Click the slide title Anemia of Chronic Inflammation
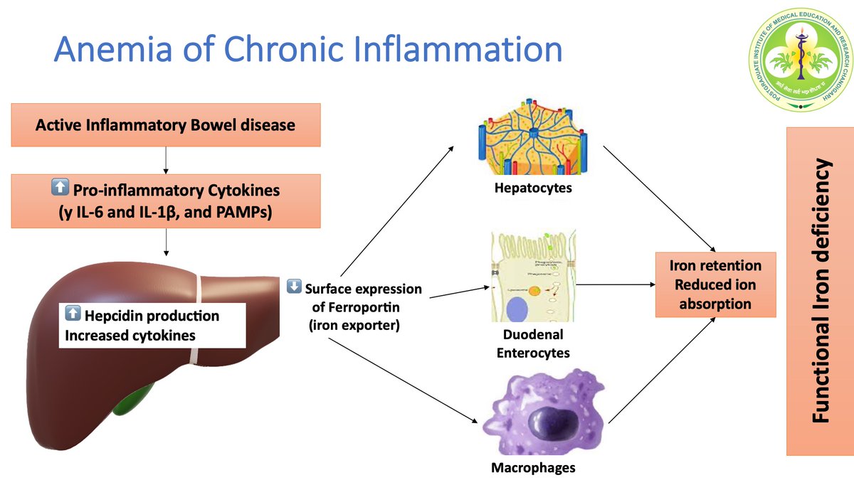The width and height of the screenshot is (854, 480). click(x=307, y=50)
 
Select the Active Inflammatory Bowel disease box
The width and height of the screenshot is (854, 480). click(x=165, y=126)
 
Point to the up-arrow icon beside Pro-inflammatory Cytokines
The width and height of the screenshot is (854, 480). click(x=60, y=188)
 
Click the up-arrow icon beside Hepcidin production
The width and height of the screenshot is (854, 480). click(x=72, y=314)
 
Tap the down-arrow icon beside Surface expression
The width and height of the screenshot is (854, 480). click(x=293, y=287)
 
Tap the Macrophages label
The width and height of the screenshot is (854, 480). click(x=533, y=467)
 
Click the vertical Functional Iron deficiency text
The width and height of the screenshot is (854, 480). click(x=822, y=292)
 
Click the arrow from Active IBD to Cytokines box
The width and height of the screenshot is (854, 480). click(x=165, y=160)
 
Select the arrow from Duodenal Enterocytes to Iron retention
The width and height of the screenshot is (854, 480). click(x=616, y=285)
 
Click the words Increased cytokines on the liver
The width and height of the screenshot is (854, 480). click(x=130, y=334)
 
